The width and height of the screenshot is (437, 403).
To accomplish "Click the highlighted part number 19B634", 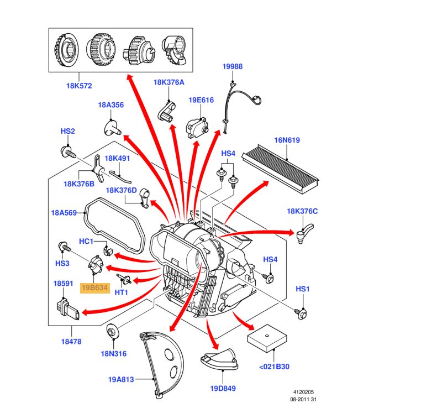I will point(95,287).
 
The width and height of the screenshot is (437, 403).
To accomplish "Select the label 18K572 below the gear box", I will point(79,86).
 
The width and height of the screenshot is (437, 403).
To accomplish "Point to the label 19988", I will point(233,66).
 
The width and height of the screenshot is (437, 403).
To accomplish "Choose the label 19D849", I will point(223,388).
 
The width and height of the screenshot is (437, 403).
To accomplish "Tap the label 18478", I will point(71,342).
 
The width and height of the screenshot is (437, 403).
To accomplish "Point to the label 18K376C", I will point(302,211).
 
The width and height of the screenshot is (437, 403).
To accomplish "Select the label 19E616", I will point(201,100).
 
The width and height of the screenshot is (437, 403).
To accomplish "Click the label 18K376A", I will point(169,82).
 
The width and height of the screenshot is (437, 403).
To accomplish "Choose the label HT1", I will point(122,292).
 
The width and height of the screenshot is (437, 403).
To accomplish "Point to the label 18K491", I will point(117,158).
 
